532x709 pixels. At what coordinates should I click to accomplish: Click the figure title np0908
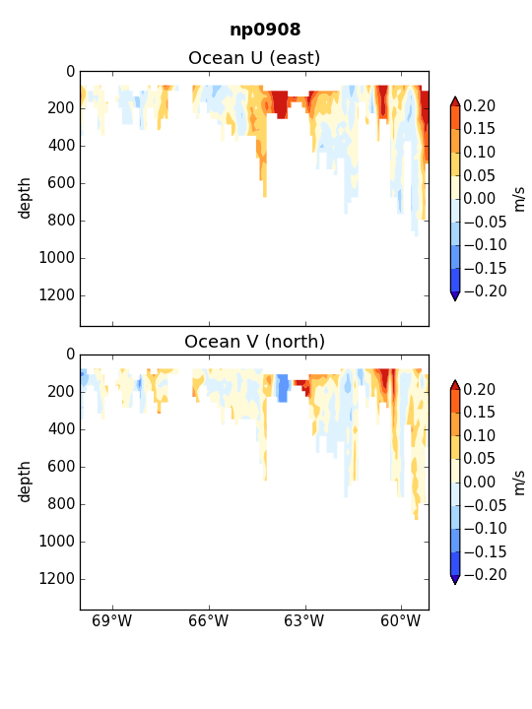[265, 30]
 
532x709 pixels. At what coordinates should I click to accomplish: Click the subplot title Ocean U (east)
[254, 58]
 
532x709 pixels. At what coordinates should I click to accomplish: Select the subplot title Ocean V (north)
[255, 342]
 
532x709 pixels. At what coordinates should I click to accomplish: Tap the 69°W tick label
[111, 620]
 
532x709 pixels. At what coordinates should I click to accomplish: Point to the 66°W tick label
[209, 620]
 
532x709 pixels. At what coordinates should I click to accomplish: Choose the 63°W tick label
[304, 620]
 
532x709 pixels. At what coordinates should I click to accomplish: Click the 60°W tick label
[401, 620]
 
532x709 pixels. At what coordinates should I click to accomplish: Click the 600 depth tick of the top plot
[61, 183]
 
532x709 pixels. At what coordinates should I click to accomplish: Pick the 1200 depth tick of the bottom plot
[56, 579]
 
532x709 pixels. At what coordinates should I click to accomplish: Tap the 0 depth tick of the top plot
[71, 72]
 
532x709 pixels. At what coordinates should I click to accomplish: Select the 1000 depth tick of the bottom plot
[56, 542]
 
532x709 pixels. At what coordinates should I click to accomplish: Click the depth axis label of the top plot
[24, 199]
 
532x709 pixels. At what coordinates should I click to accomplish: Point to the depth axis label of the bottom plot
[24, 482]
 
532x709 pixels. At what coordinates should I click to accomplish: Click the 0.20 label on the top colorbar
[480, 105]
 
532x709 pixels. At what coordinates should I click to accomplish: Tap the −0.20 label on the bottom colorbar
[485, 575]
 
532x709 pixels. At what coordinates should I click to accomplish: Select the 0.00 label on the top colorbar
[480, 199]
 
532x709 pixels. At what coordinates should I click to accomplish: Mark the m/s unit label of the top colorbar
[520, 199]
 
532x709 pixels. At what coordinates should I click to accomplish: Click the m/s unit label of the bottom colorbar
[520, 482]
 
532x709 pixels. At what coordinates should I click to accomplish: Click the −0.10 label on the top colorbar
[485, 244]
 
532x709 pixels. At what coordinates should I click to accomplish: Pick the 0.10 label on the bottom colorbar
[480, 435]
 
